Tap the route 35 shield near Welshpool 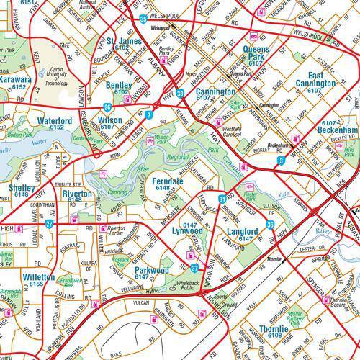pyautogui.click(x=144, y=17)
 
